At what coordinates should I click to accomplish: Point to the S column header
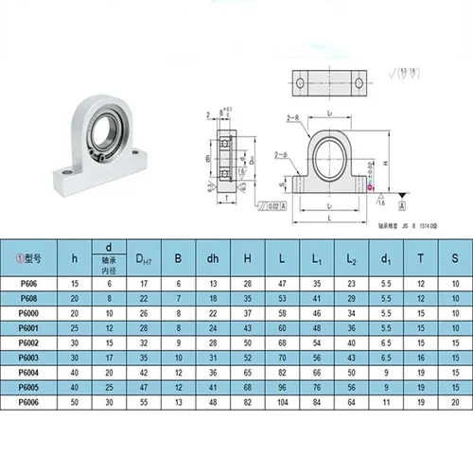[455, 255]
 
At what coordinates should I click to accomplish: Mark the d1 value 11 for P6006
[386, 402]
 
